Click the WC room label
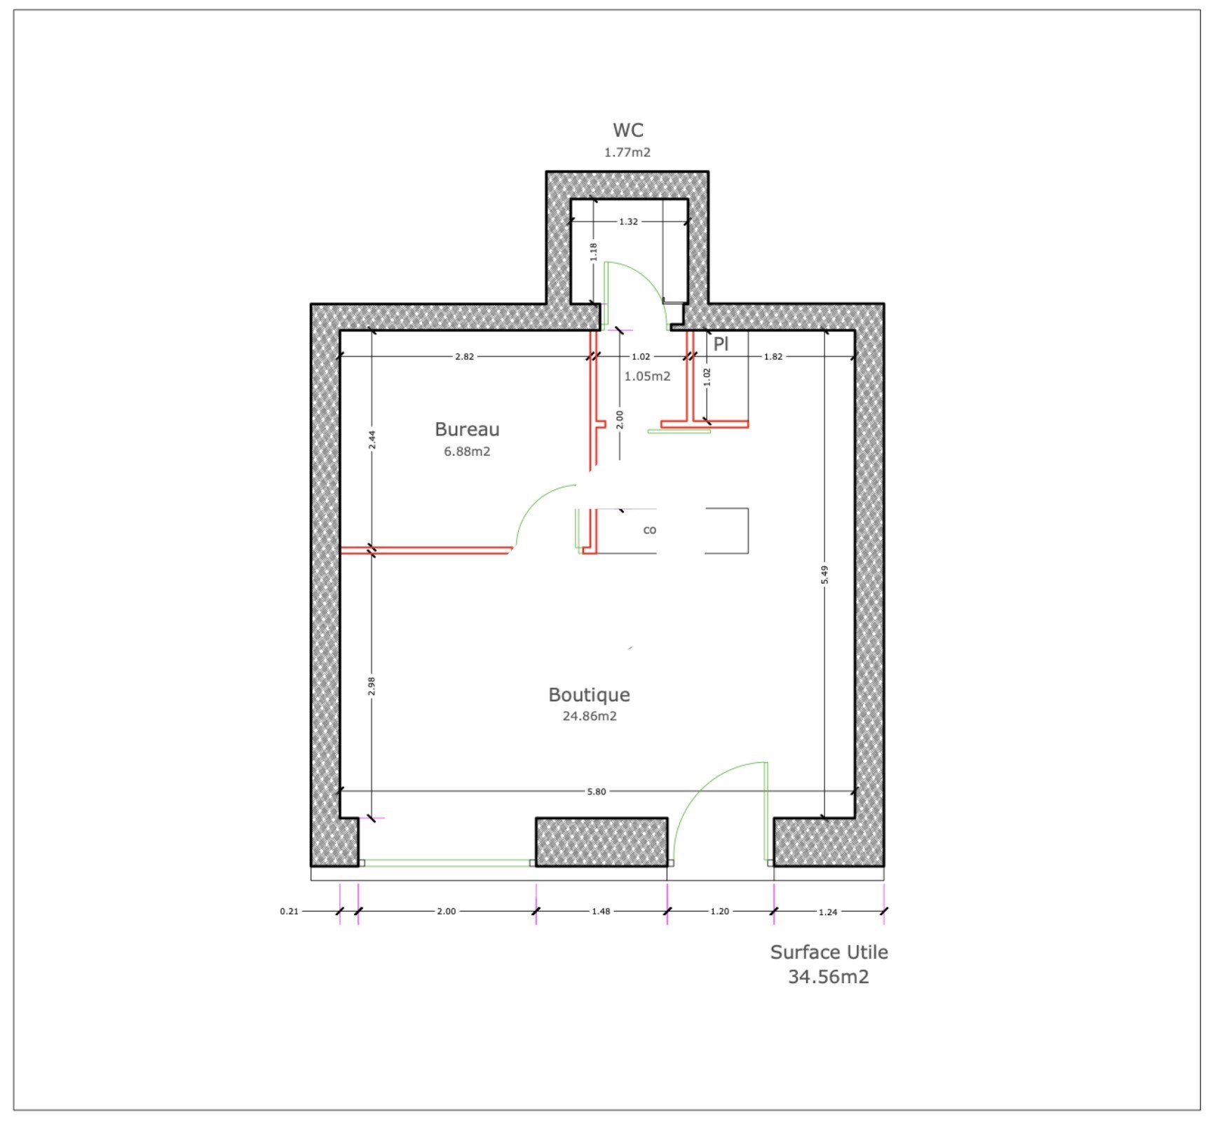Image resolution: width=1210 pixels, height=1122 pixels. click(x=627, y=130)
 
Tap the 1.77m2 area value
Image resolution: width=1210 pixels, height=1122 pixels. click(x=627, y=152)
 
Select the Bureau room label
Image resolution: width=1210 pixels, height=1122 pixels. click(x=467, y=429)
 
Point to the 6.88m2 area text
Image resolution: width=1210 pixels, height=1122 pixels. click(x=467, y=452)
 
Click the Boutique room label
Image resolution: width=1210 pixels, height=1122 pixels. click(x=589, y=694)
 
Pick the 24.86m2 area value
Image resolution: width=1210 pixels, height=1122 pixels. click(x=590, y=716)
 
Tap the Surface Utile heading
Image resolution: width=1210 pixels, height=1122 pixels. click(x=829, y=952)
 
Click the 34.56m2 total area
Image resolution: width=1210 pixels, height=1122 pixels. click(x=829, y=977)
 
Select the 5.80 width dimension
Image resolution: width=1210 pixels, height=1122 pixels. click(x=597, y=792)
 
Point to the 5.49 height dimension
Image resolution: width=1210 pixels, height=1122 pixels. click(x=825, y=574)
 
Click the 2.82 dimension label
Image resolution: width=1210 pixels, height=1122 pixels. click(x=464, y=356)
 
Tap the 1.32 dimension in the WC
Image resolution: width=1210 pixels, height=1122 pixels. click(x=628, y=222)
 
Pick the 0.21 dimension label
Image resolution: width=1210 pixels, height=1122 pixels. click(x=289, y=912)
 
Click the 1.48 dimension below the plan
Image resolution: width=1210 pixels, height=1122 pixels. click(x=601, y=912)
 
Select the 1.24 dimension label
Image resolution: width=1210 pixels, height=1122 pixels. click(x=828, y=912)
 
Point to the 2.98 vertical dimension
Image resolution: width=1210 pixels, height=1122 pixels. click(x=372, y=686)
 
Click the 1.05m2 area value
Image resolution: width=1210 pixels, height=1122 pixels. click(x=647, y=377)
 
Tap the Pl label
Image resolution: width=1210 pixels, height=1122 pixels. click(x=721, y=344)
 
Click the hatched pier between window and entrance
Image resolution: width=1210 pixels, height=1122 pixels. click(x=601, y=841)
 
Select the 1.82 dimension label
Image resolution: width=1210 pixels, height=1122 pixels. click(x=773, y=356)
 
